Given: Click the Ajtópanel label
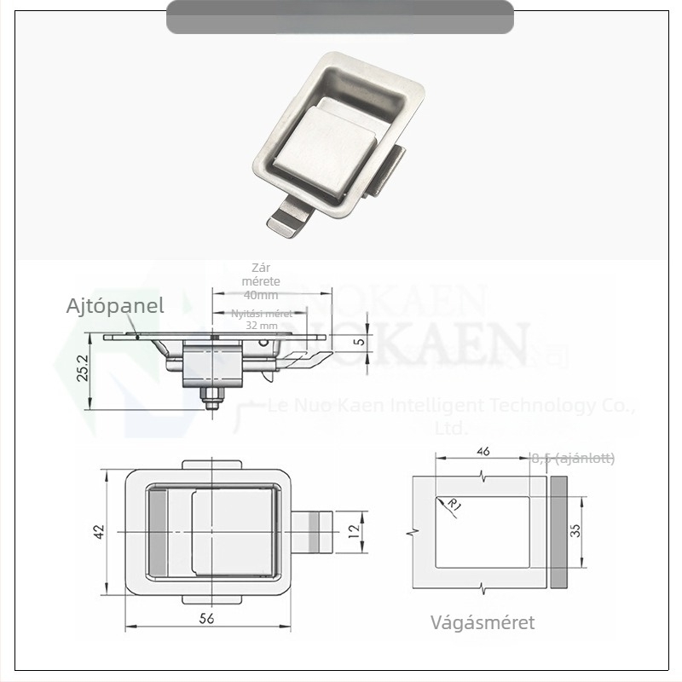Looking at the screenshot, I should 115,306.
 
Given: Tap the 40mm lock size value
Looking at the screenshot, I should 261,295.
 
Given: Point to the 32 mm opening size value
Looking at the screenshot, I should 262,326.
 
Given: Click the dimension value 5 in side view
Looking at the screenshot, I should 360,343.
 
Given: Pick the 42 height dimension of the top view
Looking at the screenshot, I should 99,531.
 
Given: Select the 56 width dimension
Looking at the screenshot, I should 205,620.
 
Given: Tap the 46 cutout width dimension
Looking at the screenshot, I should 483,451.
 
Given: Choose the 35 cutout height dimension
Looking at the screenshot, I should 575,531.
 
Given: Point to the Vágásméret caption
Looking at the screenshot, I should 483,622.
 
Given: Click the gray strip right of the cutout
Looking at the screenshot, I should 558,531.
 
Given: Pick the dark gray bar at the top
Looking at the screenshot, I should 339,17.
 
